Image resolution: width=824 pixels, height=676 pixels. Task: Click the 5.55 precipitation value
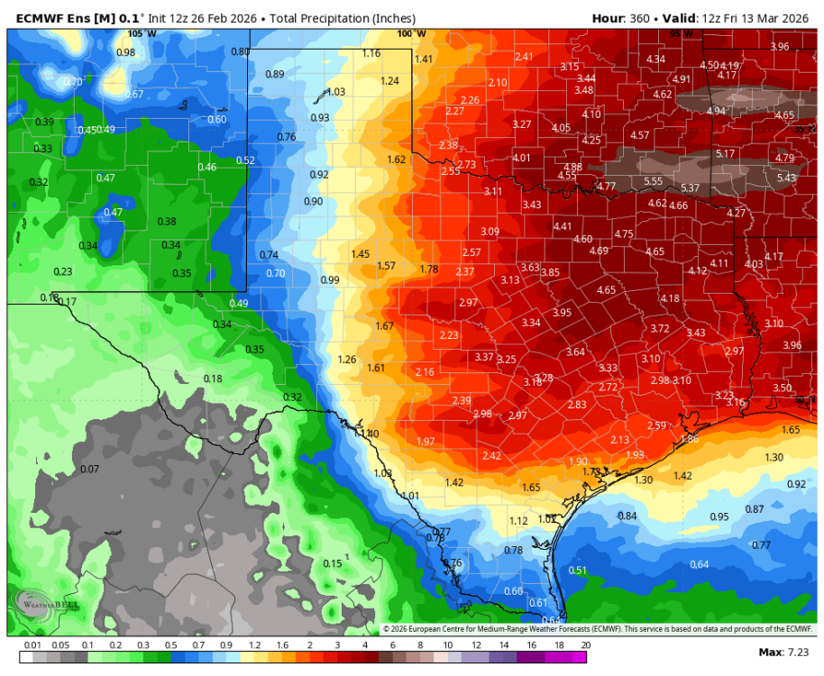click(x=654, y=181)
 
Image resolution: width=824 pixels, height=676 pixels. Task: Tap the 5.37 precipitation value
click(x=690, y=187)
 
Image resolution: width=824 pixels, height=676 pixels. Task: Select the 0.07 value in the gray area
click(x=89, y=469)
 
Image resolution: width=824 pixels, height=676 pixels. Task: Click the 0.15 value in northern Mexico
click(x=333, y=563)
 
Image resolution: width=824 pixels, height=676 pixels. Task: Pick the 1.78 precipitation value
click(x=429, y=269)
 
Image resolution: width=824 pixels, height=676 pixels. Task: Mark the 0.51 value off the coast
click(x=578, y=570)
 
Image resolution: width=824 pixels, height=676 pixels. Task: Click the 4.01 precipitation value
click(x=522, y=158)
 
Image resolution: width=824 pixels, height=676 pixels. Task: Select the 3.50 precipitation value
click(x=782, y=388)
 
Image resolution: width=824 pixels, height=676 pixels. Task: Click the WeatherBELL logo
click(x=45, y=603)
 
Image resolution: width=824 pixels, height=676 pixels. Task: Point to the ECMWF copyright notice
click(x=597, y=629)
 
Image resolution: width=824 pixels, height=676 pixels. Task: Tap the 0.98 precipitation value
click(x=126, y=52)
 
